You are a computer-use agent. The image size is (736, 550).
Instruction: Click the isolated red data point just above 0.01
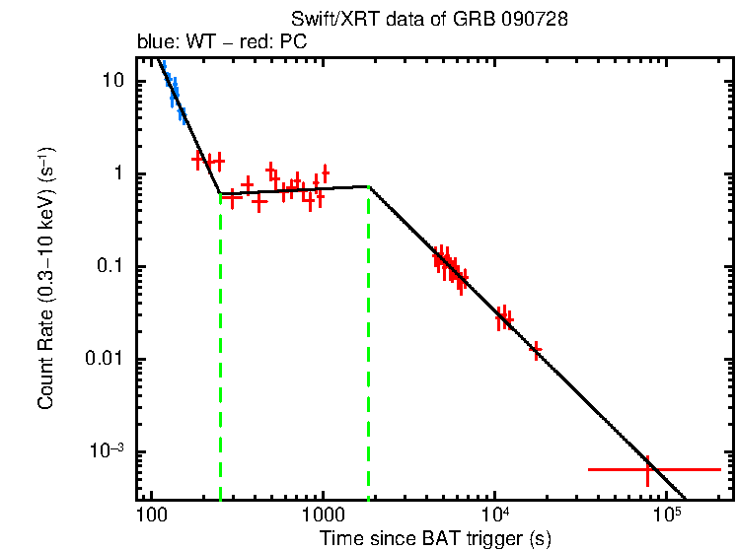tap(536, 349)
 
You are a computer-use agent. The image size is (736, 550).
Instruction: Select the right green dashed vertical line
tap(369, 345)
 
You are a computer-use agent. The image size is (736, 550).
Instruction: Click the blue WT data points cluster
tap(174, 93)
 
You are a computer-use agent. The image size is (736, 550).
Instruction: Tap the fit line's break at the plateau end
tap(369, 186)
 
